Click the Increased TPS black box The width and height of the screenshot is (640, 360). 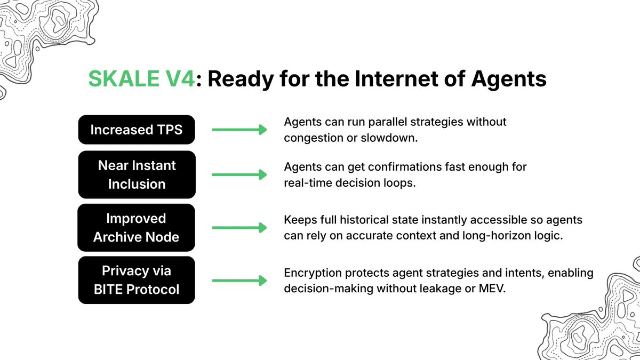137,130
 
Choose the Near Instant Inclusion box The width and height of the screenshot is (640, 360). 137,174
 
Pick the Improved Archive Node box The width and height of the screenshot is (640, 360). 137,227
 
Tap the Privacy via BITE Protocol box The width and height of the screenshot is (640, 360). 137,280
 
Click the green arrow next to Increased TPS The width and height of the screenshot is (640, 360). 239,130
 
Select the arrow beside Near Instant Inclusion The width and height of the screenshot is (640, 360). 239,174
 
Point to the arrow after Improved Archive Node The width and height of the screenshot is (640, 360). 239,227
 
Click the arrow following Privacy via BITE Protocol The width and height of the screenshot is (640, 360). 239,280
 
